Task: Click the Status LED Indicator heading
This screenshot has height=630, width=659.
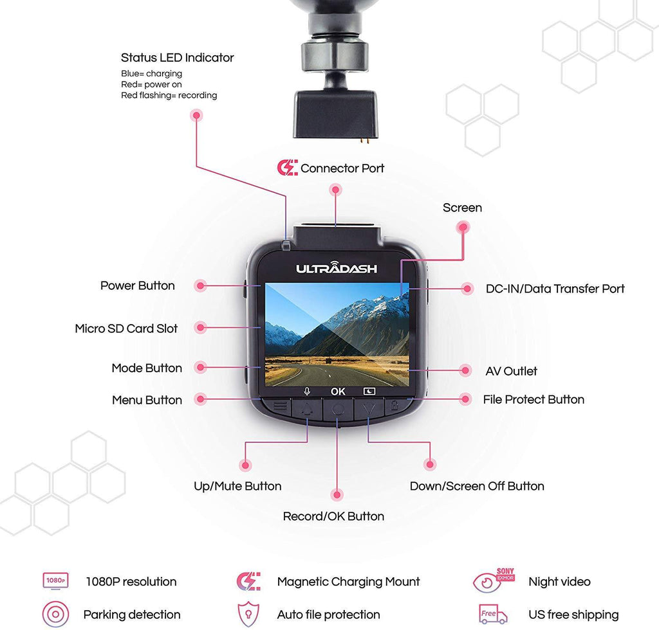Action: pos(177,58)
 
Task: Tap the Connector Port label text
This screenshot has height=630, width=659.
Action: pos(342,168)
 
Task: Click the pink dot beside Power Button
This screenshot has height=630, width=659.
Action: pos(200,285)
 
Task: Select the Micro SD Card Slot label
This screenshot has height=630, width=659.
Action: pos(126,328)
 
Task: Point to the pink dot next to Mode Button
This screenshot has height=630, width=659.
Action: pos(200,368)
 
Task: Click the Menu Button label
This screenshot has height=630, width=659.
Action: pos(147,400)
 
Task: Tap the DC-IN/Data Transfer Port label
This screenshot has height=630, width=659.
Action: pos(555,289)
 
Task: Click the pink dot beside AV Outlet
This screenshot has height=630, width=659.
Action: pos(465,370)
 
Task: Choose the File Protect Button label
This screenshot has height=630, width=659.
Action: pos(534,399)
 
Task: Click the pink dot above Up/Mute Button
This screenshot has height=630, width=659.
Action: pos(245,464)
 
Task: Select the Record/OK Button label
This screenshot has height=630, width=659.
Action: pos(333,516)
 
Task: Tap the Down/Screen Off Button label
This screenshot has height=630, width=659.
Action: pos(477,486)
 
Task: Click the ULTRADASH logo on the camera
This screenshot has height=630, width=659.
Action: pos(337,269)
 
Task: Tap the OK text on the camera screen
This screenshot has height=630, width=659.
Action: pos(338,391)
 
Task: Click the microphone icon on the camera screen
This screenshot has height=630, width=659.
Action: pos(307,391)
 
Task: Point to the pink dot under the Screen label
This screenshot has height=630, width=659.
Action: pos(462,227)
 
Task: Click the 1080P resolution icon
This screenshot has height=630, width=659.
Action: pos(55,581)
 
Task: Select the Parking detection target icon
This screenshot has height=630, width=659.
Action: pos(55,614)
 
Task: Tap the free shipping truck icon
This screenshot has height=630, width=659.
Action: pos(492,614)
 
